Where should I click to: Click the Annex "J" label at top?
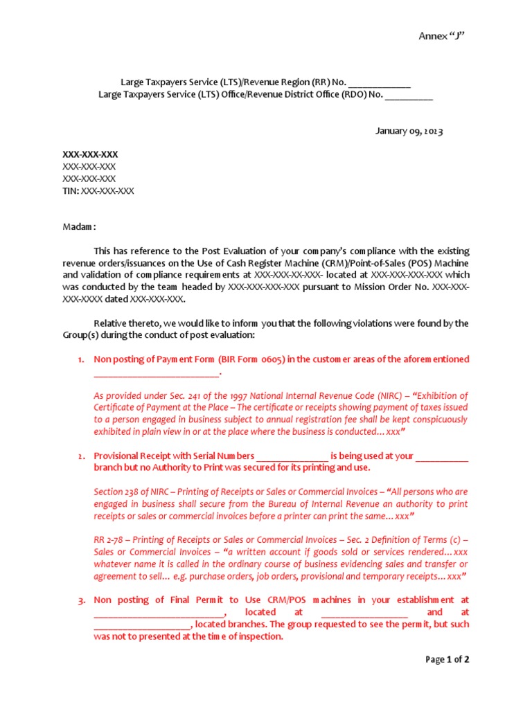coord(441,36)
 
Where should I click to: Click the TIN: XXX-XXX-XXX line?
coord(98,191)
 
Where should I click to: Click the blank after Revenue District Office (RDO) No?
coord(409,96)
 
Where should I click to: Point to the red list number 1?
coord(81,359)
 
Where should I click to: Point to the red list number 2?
coord(81,456)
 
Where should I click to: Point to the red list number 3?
coord(81,600)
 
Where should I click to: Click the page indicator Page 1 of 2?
coord(447,660)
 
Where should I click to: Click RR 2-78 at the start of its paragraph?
coord(107,540)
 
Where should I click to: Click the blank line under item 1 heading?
coord(156,373)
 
